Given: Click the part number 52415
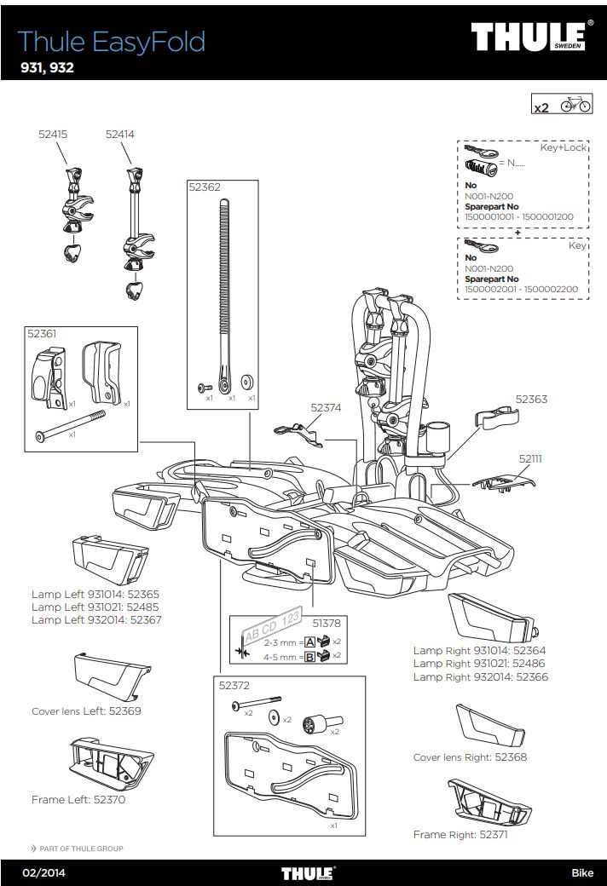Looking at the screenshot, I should [x=53, y=134].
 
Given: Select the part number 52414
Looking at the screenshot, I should [x=120, y=134].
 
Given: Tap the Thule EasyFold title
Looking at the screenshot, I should [x=111, y=41].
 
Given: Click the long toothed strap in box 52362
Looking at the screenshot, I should [x=224, y=290].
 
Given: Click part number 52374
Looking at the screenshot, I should [x=326, y=408].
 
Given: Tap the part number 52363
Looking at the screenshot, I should [x=531, y=398].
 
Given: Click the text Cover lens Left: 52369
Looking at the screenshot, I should [x=86, y=711].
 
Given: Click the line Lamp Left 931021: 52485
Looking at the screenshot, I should [x=95, y=607].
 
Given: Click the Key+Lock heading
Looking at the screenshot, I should [x=564, y=147].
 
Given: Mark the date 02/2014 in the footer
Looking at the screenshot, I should [x=44, y=872].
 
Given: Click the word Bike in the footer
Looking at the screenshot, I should [x=582, y=872].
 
